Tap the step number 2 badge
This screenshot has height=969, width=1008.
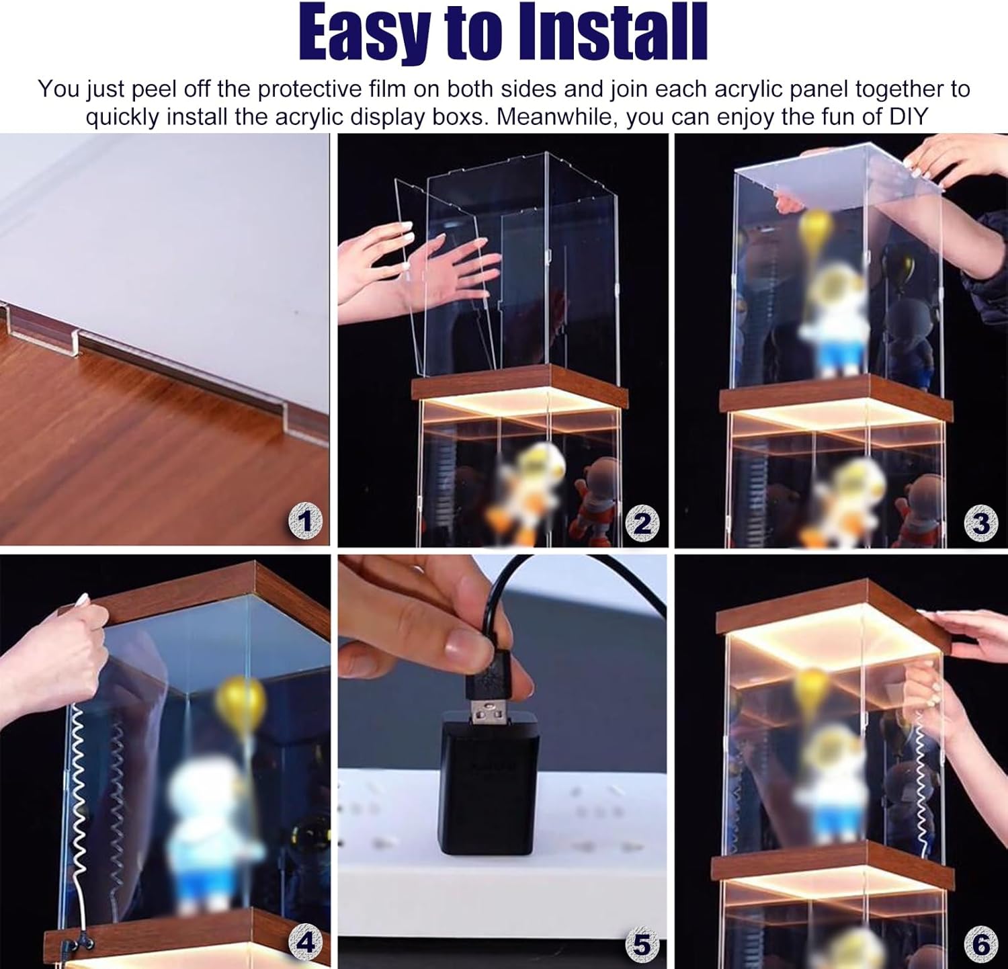pos(642,523)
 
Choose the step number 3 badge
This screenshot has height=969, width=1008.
pos(980,523)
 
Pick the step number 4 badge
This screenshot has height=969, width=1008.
pos(305,943)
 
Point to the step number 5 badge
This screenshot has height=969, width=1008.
pos(642,943)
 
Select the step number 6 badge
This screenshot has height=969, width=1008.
pos(980,943)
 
